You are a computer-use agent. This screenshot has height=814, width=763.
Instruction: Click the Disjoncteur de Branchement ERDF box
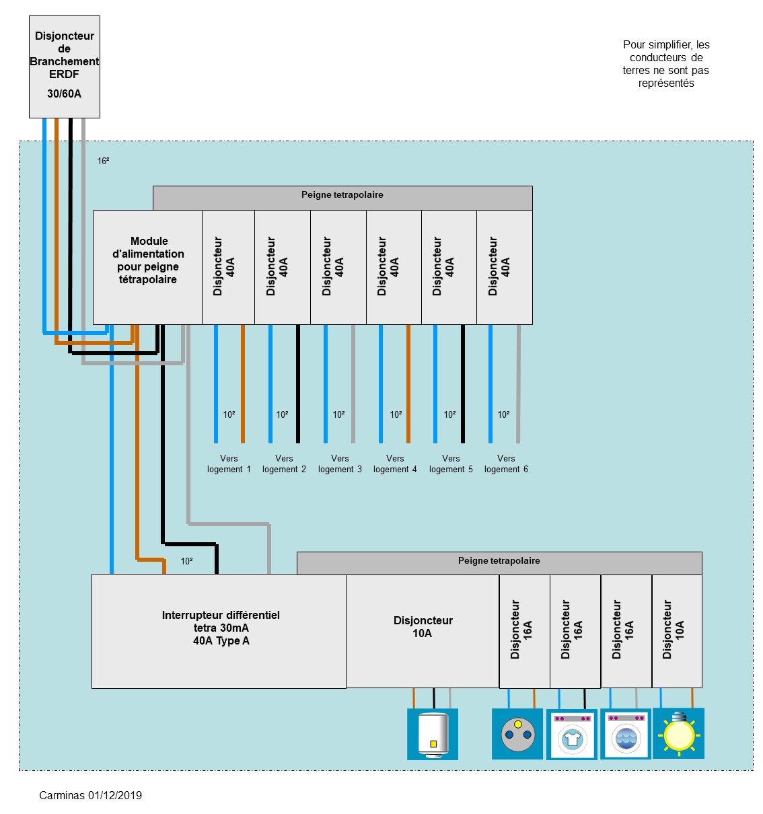65,67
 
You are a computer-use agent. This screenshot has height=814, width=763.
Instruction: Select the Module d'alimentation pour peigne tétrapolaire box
147,267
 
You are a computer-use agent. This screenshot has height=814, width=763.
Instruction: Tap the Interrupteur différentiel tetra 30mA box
219,630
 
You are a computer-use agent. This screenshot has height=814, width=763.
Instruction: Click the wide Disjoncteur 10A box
423,630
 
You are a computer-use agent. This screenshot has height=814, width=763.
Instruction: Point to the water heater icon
433,734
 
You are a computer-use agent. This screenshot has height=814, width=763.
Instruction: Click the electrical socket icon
517,734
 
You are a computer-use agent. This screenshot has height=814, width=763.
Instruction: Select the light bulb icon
678,733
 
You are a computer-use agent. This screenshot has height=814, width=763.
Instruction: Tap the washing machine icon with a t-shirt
572,735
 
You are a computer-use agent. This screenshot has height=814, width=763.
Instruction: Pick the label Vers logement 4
395,464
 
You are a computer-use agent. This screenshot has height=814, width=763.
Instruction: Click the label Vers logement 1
229,464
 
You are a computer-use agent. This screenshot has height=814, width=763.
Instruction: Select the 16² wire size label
103,161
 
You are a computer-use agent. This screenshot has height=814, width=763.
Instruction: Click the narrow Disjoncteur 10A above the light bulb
677,630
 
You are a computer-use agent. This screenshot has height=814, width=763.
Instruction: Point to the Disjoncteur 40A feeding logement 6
504,267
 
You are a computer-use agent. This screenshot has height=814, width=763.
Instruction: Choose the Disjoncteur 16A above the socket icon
524,630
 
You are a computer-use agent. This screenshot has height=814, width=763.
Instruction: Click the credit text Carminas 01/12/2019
90,795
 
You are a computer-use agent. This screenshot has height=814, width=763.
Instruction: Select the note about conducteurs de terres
665,64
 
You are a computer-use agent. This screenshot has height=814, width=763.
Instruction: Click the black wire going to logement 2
298,383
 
